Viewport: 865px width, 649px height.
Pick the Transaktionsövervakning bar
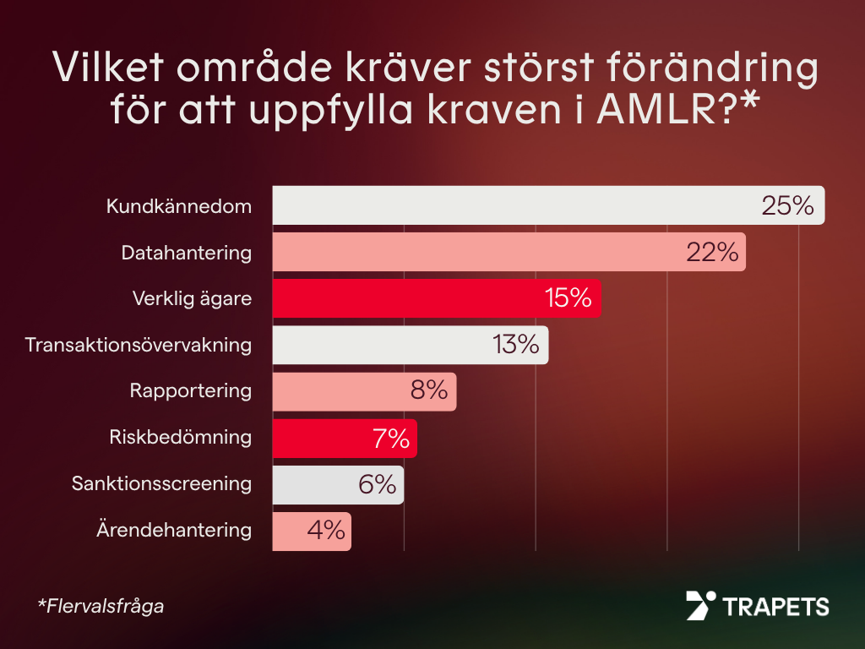coord(380,345)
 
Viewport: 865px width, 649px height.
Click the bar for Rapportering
coord(338,391)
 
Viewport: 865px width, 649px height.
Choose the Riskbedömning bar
coord(321,439)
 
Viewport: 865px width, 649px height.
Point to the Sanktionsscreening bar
coord(313,485)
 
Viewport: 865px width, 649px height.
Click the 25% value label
coord(787,205)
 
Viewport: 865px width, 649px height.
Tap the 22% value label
coord(712,252)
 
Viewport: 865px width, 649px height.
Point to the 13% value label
coord(515,345)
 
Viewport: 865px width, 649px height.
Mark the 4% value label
coord(326,532)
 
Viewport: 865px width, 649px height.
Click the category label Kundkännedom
coord(179,205)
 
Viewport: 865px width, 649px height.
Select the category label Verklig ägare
coord(192,298)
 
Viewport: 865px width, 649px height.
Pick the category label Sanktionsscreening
coord(161,485)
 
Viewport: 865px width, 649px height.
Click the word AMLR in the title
coord(654,111)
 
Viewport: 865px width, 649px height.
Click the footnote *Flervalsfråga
coord(101,606)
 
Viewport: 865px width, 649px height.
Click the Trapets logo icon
coord(700,605)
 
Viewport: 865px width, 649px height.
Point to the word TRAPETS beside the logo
coord(775,606)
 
